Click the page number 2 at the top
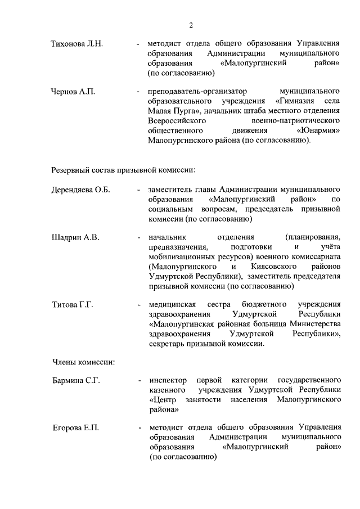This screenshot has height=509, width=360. pyautogui.click(x=191, y=25)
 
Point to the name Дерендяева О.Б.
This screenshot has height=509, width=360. pyautogui.click(x=80, y=190)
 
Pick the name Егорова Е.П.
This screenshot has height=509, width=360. pyautogui.click(x=75, y=429)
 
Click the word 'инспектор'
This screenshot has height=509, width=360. pyautogui.click(x=168, y=381)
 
